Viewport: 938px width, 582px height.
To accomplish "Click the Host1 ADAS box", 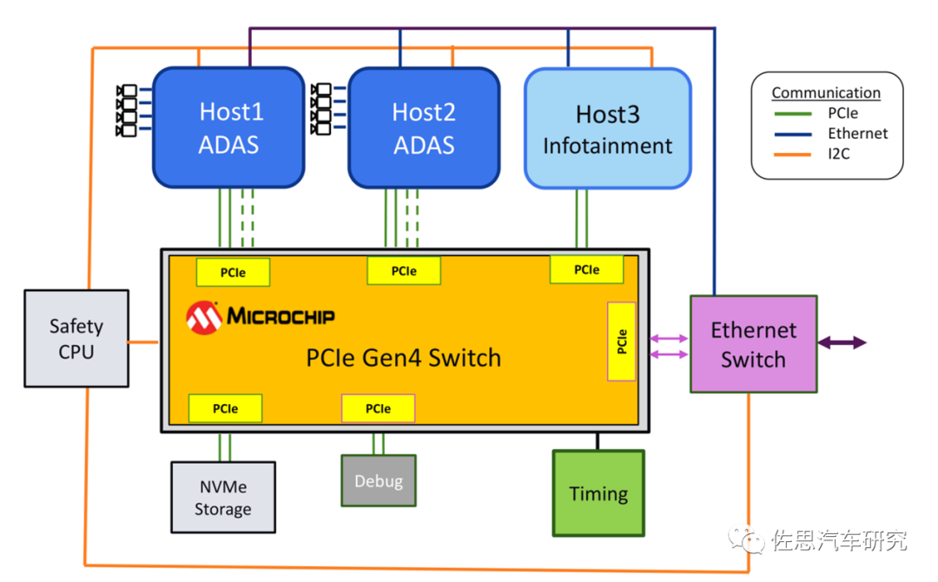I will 229,128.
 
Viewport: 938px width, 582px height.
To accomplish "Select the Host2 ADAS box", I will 424,128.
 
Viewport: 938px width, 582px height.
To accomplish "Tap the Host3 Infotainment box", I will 608,129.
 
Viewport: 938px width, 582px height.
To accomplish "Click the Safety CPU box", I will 76,339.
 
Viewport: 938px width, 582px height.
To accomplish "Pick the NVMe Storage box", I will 223,497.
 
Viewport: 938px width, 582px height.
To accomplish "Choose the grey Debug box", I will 378,480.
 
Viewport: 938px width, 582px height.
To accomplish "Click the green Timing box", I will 598,493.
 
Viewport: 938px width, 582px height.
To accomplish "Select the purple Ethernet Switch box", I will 753,345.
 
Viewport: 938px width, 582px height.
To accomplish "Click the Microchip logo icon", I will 203,317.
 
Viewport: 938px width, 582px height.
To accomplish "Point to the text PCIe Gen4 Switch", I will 404,357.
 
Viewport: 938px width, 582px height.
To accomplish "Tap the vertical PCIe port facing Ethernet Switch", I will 622,341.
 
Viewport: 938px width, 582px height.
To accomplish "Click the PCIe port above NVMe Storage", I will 225,408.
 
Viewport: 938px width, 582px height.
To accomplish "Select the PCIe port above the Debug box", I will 378,408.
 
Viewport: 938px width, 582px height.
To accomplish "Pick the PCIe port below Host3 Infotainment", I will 586,270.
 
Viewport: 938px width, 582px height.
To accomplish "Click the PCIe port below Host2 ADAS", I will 403,271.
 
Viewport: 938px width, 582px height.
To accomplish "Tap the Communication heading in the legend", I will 826,93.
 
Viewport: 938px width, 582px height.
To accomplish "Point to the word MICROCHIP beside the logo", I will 281,316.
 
